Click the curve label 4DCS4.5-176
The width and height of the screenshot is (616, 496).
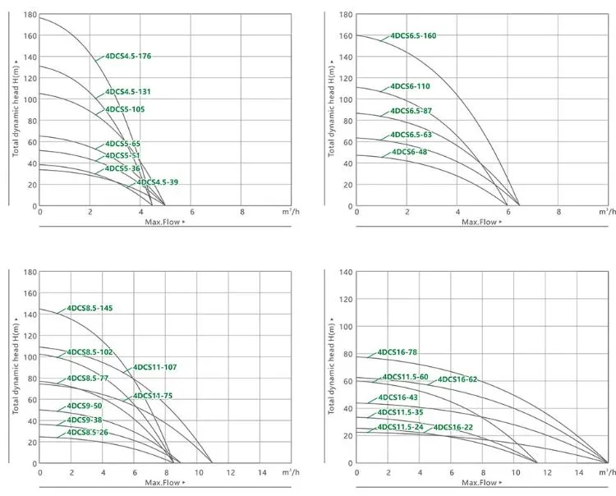(128, 57)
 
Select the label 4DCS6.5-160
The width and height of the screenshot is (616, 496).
(413, 36)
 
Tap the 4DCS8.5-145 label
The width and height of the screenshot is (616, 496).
(90, 308)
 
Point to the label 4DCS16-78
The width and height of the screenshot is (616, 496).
(398, 352)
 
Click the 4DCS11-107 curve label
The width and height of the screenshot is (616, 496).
(154, 367)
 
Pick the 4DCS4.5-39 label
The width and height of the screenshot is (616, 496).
(157, 182)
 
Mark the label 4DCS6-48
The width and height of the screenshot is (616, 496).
(409, 152)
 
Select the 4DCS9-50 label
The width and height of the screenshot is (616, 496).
(85, 406)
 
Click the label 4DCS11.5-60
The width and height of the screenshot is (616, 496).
(405, 377)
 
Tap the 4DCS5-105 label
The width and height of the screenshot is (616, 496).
(125, 109)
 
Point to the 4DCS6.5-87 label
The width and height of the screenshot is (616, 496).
(411, 111)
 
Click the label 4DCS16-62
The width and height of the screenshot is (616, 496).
(457, 379)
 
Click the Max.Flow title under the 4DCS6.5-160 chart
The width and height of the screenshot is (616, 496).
(479, 222)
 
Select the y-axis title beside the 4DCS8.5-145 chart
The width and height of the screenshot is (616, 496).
(16, 366)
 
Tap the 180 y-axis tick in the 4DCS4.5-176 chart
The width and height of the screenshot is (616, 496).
(30, 15)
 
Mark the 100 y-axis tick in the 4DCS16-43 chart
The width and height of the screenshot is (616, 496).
(346, 326)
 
